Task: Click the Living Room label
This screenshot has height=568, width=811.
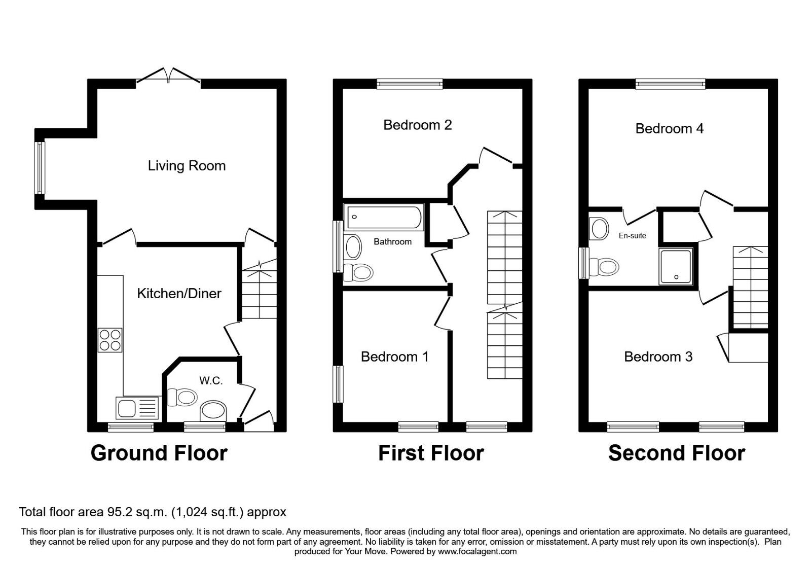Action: (187, 166)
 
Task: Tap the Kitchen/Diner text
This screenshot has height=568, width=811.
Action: (179, 294)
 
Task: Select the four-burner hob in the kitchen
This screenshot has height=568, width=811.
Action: (110, 340)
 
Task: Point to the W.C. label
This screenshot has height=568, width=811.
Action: (211, 380)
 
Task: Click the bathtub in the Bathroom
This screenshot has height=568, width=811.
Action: (383, 217)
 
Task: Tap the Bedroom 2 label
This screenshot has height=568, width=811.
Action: (417, 125)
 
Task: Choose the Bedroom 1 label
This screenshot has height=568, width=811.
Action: (394, 357)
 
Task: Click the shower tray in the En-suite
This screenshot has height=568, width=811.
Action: (676, 266)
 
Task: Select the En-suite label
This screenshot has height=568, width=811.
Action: (632, 236)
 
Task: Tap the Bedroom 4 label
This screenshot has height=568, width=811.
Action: (669, 129)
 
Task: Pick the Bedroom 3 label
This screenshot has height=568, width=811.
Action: (658, 357)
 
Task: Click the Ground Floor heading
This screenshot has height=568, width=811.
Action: (159, 453)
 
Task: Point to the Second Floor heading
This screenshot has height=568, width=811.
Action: (676, 453)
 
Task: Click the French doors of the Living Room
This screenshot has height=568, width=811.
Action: (168, 76)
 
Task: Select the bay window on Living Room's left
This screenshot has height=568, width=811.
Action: (40, 167)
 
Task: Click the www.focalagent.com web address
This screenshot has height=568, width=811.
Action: (477, 551)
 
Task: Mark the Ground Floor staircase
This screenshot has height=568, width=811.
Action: (259, 294)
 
